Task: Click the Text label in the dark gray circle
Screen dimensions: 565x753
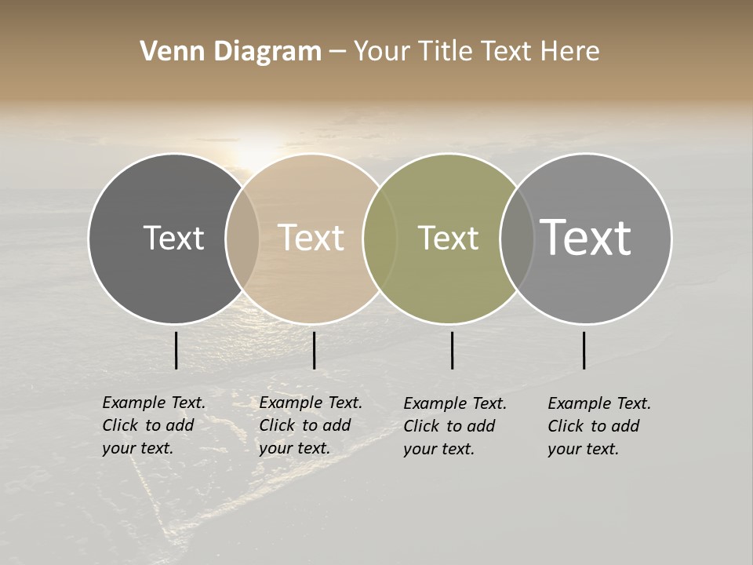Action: pyautogui.click(x=173, y=238)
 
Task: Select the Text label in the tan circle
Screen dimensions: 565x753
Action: pyautogui.click(x=311, y=238)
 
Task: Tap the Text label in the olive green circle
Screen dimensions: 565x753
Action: pyautogui.click(x=449, y=238)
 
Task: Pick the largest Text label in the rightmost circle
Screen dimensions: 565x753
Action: pyautogui.click(x=586, y=238)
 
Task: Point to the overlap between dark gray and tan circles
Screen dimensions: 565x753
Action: pyautogui.click(x=242, y=238)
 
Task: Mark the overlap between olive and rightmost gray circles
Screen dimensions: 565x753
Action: pyautogui.click(x=516, y=238)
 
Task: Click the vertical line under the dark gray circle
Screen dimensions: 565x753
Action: pyautogui.click(x=176, y=350)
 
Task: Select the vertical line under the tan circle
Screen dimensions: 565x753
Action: pyautogui.click(x=314, y=350)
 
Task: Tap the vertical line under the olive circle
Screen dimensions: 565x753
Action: pyautogui.click(x=453, y=350)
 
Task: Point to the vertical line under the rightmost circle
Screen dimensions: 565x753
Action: pyautogui.click(x=584, y=350)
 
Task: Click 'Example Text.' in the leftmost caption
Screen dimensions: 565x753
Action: pyautogui.click(x=154, y=403)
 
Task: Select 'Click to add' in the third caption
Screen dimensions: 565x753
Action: pyautogui.click(x=449, y=426)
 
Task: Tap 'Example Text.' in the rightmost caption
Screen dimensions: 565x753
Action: pyautogui.click(x=599, y=403)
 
